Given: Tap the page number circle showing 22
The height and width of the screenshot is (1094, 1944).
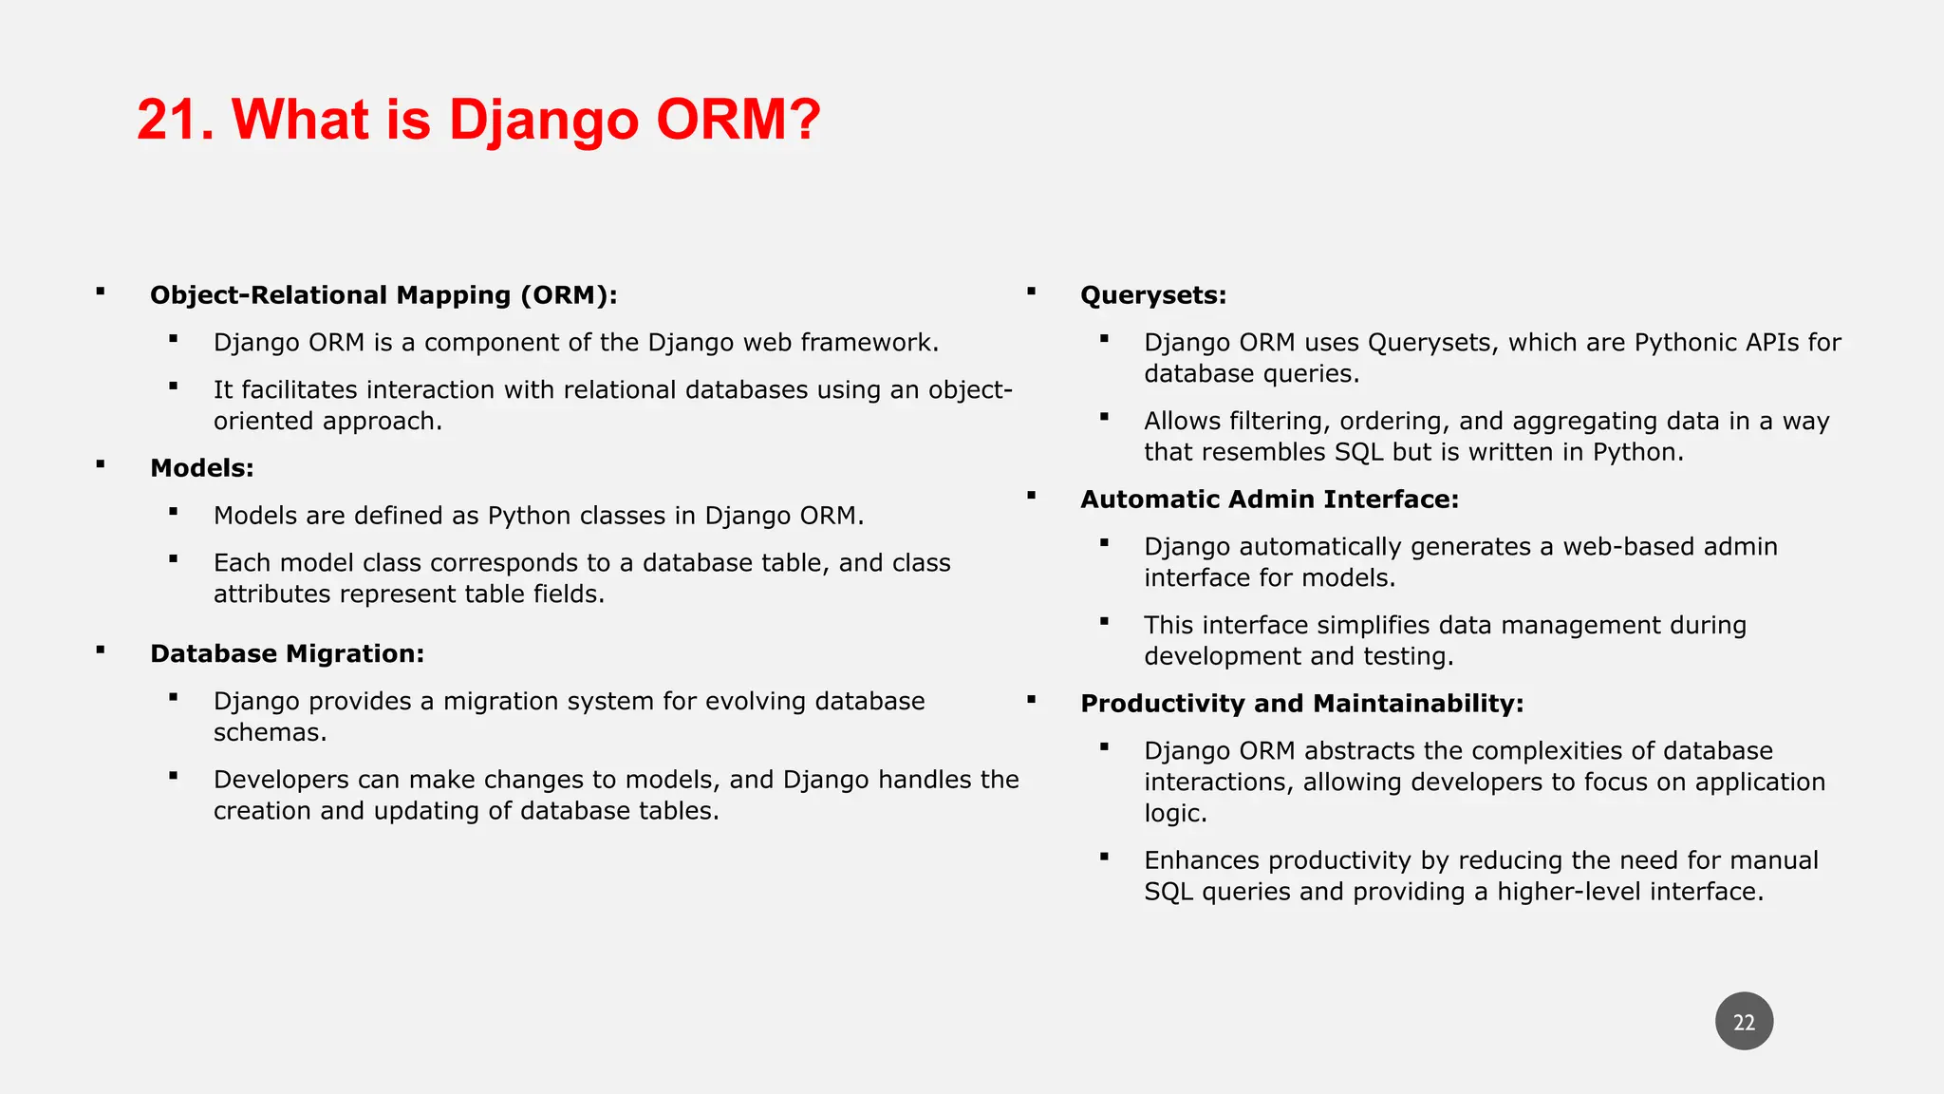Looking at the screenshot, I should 1744,1022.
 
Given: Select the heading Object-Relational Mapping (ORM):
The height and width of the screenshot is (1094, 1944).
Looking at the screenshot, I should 383,295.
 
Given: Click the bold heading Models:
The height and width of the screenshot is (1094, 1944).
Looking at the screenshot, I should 202,468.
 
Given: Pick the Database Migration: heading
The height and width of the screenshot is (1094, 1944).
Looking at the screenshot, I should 287,654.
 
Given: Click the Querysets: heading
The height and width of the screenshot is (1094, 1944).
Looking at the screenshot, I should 1153,295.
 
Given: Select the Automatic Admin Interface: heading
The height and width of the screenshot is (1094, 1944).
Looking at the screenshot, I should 1269,500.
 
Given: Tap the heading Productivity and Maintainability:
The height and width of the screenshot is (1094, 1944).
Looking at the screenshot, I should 1301,704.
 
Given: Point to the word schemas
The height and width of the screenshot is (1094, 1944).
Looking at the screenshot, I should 270,732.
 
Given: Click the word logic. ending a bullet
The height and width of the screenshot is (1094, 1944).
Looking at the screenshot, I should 1175,814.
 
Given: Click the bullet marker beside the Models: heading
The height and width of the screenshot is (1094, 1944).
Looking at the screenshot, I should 100,464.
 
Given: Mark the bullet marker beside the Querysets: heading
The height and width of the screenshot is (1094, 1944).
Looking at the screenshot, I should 1031,292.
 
